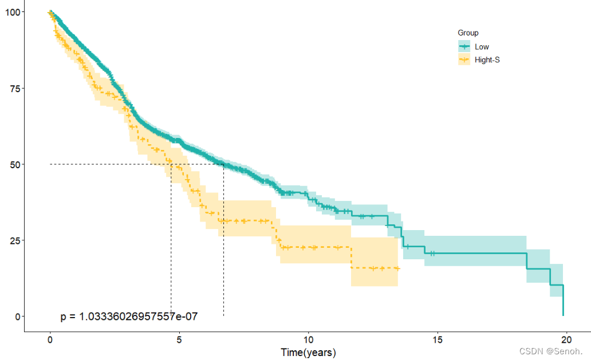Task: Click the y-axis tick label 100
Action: point(11,12)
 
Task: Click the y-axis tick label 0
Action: point(17,316)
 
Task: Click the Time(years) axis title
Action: point(308,352)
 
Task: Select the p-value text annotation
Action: point(129,316)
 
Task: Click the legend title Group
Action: point(468,33)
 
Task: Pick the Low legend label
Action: point(482,47)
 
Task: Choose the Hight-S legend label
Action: point(487,60)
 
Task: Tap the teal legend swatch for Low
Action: point(464,47)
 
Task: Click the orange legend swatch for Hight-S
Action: point(464,60)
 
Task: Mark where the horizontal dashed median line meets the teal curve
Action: point(223,164)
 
